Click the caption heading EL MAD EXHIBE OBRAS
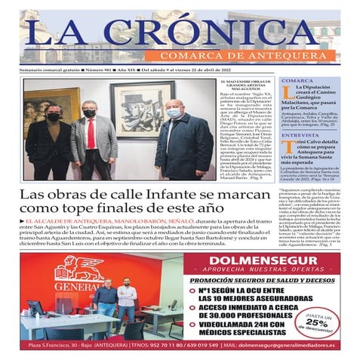point(246,82)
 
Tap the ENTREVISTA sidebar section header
point(300,136)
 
